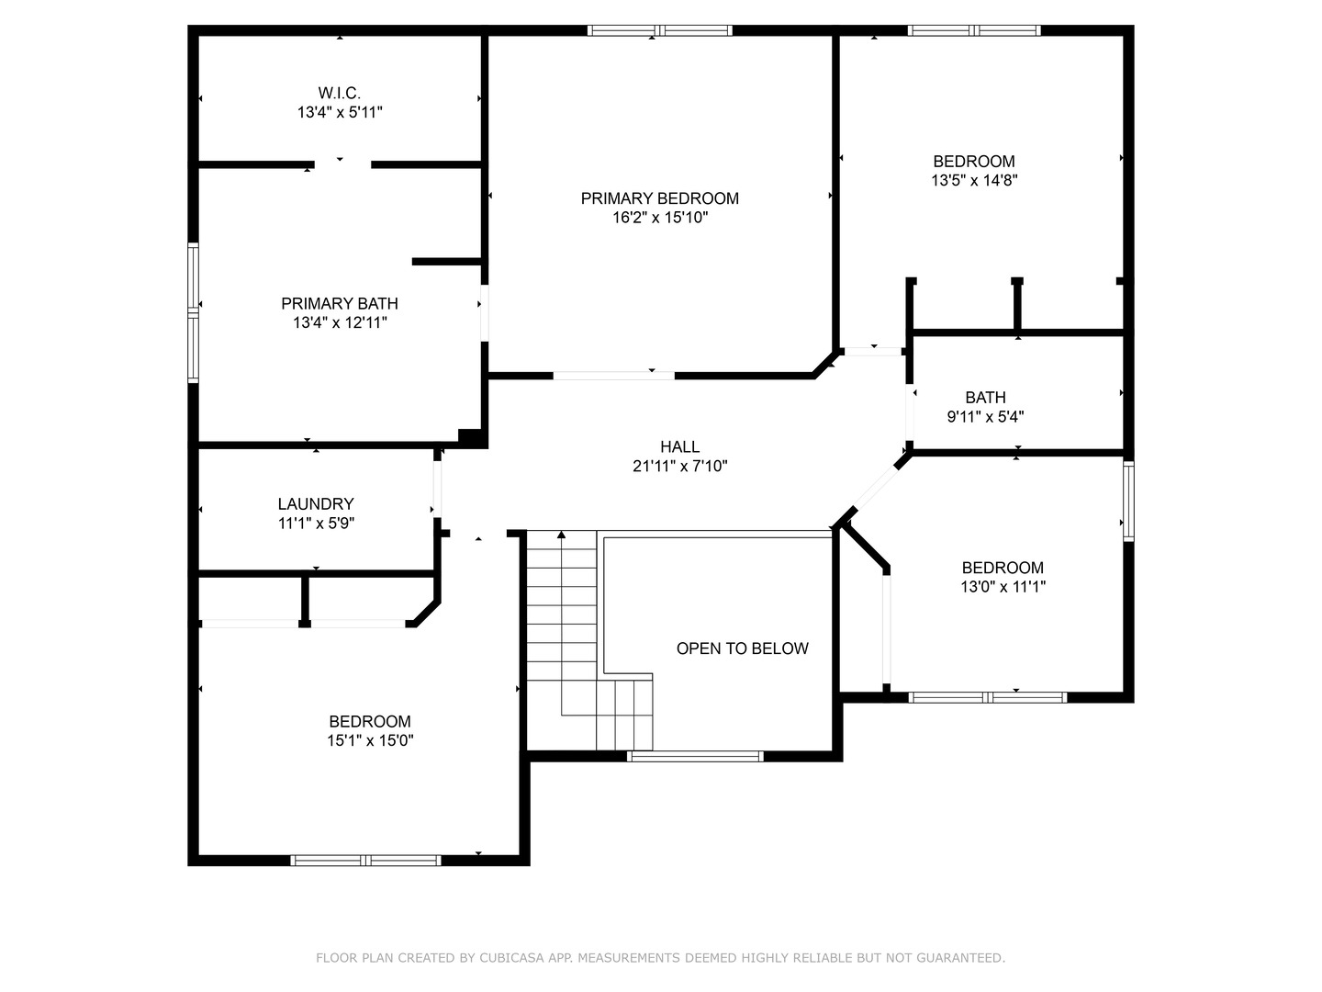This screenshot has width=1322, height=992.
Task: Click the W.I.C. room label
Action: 339,94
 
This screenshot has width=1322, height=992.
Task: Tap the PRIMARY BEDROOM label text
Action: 659,198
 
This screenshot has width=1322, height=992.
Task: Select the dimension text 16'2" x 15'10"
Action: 659,218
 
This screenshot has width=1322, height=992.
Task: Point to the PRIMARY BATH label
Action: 340,303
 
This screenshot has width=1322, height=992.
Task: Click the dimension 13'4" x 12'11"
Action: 340,322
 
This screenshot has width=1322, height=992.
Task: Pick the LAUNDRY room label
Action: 316,503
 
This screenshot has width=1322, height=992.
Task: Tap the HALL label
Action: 680,446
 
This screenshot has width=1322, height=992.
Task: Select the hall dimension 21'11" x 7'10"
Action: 680,466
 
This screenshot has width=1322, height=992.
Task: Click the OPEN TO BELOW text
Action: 742,648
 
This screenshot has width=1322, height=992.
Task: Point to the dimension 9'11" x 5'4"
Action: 985,416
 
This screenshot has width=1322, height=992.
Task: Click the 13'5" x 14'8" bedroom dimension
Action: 974,180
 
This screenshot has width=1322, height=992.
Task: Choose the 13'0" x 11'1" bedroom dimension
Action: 1003,586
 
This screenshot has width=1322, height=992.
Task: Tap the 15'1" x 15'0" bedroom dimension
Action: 370,740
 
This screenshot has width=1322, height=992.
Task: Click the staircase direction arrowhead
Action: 561,535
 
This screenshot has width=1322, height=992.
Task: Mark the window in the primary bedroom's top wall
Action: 659,30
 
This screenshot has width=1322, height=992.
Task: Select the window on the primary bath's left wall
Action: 193,312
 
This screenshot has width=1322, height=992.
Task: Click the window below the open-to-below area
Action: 695,756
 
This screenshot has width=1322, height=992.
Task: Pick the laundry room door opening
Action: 437,489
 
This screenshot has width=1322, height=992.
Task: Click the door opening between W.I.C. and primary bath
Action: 342,164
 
